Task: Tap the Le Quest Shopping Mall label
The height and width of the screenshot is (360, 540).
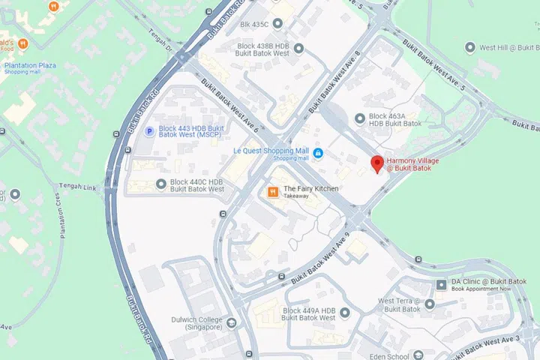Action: coord(271,151)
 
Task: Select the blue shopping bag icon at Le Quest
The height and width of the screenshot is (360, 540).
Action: coord(318,153)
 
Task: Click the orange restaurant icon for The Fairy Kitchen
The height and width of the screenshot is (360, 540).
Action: coord(273,193)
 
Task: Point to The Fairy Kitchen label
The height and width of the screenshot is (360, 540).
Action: coord(310,188)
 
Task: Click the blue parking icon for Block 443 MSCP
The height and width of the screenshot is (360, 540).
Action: coord(148,132)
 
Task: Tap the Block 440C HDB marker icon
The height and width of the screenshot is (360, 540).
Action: coord(161,184)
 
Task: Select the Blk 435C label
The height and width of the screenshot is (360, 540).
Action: coord(253,25)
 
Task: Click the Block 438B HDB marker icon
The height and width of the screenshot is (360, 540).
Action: coord(298,49)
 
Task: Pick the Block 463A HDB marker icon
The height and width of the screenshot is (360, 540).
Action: coord(359,118)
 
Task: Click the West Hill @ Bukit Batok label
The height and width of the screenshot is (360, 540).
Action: coord(509,47)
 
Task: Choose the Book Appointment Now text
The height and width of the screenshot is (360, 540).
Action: coord(481,289)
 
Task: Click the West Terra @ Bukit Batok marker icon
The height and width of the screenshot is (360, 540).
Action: coord(429,304)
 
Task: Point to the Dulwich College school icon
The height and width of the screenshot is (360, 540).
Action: coord(232,323)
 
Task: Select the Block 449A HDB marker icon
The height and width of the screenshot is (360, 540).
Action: coord(274,313)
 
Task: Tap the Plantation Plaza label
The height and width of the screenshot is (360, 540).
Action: coord(30,66)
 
